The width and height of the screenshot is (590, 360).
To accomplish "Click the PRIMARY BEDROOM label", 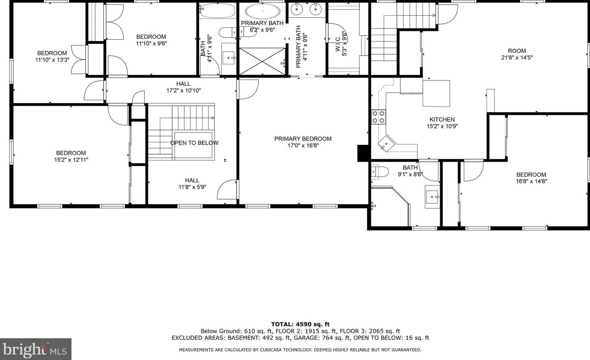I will pos(303,139).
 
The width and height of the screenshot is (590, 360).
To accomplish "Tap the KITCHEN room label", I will pos(442,120).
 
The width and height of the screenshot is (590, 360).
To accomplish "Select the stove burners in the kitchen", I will pos(378,117).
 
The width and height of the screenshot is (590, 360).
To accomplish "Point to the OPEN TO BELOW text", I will pos(194,143).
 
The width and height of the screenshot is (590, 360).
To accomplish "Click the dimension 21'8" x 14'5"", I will pos(517,58).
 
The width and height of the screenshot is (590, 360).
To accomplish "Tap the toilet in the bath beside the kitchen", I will pos(380,171).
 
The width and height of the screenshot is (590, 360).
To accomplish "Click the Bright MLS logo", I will pos(35,349).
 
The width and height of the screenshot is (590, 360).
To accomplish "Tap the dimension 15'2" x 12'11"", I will pos(71,160).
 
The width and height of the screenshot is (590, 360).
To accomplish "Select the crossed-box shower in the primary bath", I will pos(262,61).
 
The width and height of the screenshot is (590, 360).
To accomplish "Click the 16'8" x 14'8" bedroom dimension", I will pos(531,181).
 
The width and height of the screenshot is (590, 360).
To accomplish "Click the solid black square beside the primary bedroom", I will pos(362,153).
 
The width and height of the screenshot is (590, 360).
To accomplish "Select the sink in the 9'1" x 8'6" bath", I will pos(432,196).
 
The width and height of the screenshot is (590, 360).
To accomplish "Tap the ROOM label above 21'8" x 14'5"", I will pos(517,51).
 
